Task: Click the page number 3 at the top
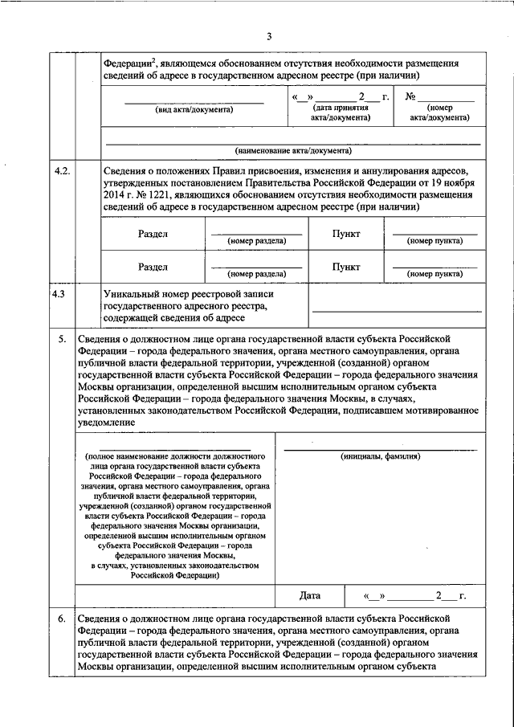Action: click(x=270, y=35)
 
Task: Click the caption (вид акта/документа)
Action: click(x=194, y=110)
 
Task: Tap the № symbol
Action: click(x=410, y=98)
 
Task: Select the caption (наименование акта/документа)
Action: click(x=293, y=150)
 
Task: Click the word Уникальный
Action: click(x=131, y=295)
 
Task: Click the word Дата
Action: click(x=310, y=595)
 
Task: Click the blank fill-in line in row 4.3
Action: click(x=397, y=309)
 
